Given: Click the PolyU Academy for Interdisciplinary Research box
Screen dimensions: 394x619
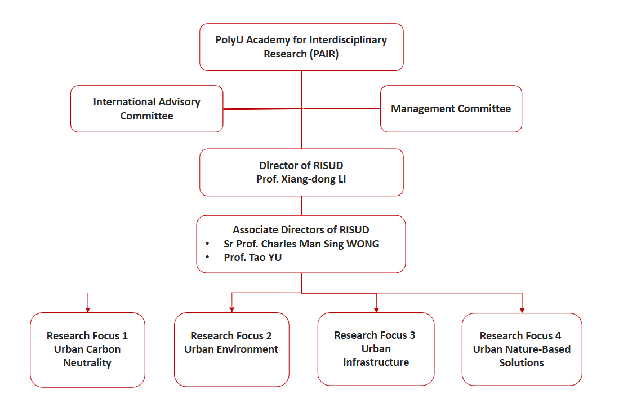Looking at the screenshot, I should (x=301, y=47).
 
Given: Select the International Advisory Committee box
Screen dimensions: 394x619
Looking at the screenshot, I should (x=146, y=109).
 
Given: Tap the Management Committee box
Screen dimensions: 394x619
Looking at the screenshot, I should (x=451, y=109).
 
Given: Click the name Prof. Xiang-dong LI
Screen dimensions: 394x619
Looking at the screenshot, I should (x=301, y=179).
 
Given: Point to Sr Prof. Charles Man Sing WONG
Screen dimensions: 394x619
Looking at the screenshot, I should (x=301, y=244).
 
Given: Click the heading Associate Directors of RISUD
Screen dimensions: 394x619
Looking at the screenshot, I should (x=301, y=230).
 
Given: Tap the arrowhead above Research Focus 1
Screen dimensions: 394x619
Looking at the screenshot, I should (x=87, y=308).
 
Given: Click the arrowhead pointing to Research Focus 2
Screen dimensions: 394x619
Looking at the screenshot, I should (x=232, y=308).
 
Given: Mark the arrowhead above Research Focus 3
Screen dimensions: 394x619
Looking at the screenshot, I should (x=376, y=308).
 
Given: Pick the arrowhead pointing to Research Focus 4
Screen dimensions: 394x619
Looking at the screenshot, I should (x=522, y=308).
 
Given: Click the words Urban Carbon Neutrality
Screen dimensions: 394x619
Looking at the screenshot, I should (x=87, y=356).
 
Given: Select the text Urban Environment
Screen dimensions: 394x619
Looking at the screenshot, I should (x=231, y=349).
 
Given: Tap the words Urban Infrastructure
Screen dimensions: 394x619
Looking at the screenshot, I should (x=376, y=356).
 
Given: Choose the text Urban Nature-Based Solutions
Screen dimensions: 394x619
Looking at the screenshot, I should (x=522, y=356).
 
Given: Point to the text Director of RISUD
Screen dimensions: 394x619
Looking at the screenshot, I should (x=301, y=166).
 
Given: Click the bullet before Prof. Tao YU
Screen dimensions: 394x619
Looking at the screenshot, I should (x=208, y=257).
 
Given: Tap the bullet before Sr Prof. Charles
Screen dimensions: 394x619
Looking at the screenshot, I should (x=208, y=244).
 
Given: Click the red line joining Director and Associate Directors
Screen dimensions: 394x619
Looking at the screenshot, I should (x=301, y=206).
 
